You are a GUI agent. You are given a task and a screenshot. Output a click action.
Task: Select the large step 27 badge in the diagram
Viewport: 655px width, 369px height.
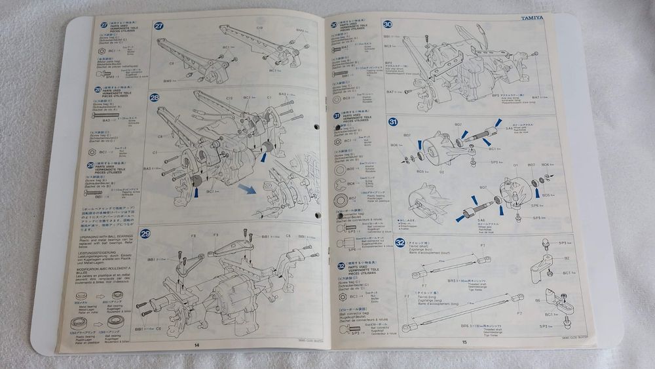point(159,26)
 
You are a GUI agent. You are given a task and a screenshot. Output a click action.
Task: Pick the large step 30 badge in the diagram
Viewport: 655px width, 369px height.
point(387,24)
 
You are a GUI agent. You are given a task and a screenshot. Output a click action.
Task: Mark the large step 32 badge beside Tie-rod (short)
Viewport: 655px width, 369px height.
point(400,242)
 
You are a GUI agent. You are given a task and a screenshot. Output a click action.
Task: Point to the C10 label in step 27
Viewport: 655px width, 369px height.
point(259,28)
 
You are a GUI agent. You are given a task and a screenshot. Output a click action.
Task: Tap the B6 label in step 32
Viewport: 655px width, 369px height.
point(536,301)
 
